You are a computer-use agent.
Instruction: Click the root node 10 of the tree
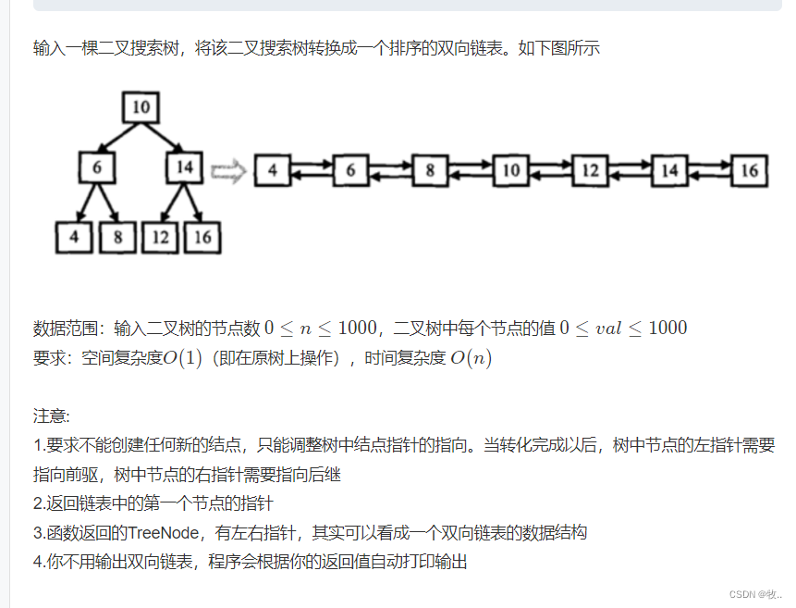140,107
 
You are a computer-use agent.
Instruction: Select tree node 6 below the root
96,167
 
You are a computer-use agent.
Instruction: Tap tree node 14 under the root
185,167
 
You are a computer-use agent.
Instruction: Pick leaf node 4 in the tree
74,237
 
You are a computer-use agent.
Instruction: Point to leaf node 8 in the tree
117,237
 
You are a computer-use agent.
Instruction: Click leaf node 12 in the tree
161,237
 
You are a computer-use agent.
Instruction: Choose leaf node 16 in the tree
202,237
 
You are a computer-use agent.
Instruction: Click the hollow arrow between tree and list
228,171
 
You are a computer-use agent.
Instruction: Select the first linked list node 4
272,171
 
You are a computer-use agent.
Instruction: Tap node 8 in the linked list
430,171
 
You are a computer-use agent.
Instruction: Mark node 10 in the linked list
510,171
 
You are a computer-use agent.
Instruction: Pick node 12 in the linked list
590,171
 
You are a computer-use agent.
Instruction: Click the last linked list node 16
749,171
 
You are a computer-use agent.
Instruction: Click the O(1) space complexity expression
183,358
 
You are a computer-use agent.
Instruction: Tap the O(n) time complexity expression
471,358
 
